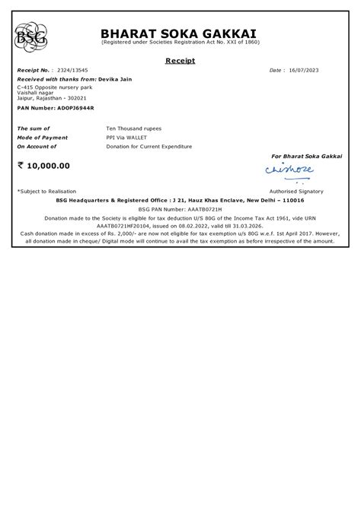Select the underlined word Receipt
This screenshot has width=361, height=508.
click(180, 59)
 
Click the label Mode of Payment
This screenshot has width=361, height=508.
click(42, 138)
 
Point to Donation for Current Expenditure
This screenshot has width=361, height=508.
click(149, 146)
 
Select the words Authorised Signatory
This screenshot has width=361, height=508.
click(296, 191)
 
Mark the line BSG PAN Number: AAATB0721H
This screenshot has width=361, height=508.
click(180, 207)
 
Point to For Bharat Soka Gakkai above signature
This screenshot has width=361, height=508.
click(306, 155)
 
